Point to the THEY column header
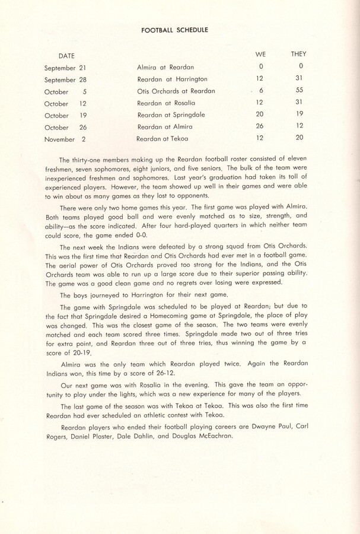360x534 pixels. pos(299,54)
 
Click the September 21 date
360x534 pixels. pos(66,68)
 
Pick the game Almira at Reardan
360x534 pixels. pos(165,68)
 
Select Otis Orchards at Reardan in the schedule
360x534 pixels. pos(176,91)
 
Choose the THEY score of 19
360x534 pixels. pos(299,114)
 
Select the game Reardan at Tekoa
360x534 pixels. pos(164,139)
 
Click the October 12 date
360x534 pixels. pos(66,104)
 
